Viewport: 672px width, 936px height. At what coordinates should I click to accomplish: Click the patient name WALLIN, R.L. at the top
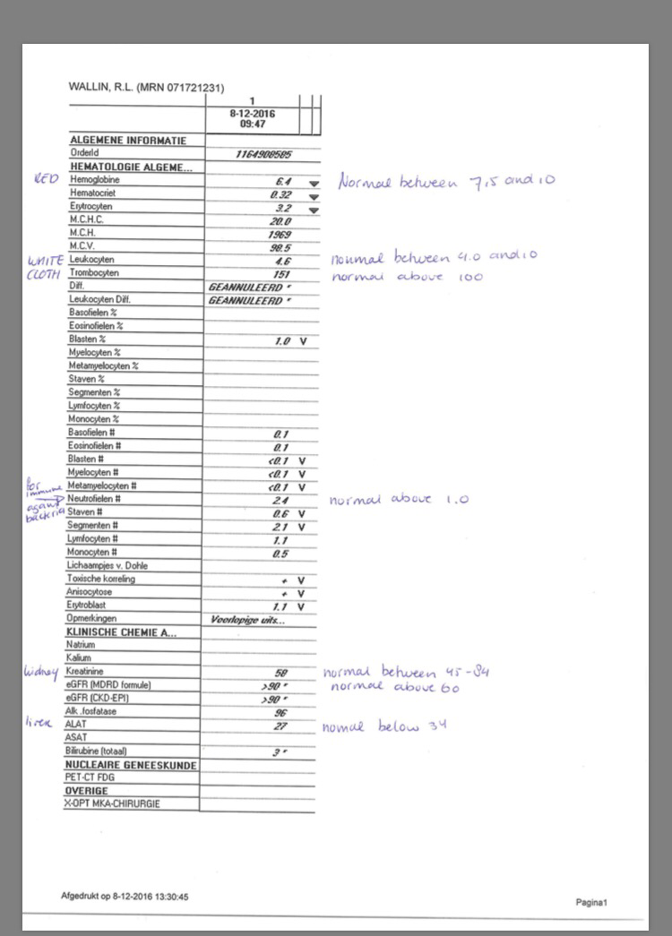106,88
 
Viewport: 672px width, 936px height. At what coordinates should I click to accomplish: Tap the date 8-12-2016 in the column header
253,114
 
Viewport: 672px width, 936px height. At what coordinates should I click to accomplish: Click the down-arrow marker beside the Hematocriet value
313,195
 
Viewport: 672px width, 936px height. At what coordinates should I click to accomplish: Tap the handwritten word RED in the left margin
45,179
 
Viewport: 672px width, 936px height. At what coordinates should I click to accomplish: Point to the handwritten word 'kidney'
41,671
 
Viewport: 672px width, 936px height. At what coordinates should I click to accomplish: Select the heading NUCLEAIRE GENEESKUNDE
131,766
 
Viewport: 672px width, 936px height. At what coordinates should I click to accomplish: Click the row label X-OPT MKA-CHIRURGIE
112,804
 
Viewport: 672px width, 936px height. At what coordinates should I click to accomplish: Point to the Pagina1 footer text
591,902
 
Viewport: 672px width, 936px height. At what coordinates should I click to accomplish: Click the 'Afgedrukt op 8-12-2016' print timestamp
125,896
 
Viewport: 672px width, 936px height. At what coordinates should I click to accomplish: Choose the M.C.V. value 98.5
281,246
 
